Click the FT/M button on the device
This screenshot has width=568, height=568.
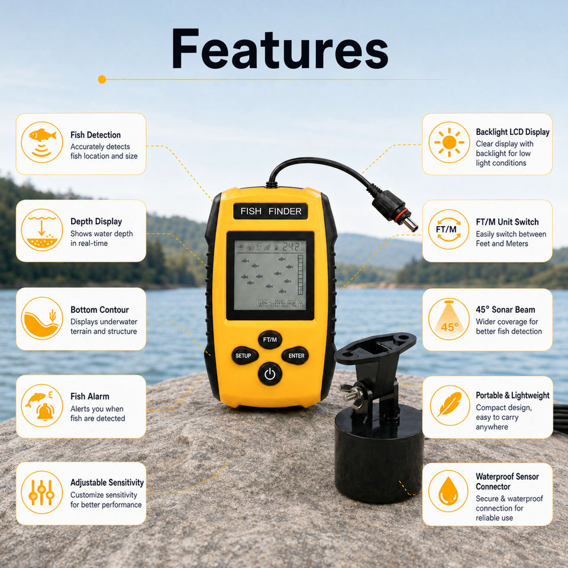click(x=270, y=340)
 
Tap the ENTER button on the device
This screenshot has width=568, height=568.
click(x=296, y=356)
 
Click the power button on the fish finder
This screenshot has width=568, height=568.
click(x=270, y=374)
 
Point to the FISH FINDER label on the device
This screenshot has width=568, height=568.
click(x=270, y=211)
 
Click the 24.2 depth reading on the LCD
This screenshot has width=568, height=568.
click(x=292, y=247)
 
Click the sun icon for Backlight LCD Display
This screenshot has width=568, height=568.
click(x=449, y=143)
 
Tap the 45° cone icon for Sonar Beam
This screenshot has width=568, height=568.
click(x=449, y=319)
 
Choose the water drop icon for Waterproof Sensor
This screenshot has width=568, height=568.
click(x=448, y=491)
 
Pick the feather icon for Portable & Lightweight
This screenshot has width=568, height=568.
click(x=450, y=405)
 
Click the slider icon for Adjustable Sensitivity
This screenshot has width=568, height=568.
click(x=42, y=492)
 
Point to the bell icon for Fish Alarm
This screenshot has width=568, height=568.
click(x=46, y=412)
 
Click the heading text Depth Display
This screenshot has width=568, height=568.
click(x=96, y=221)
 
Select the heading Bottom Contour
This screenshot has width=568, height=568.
click(x=99, y=309)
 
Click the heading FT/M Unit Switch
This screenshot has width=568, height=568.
click(x=507, y=222)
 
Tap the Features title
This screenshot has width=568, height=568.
click(x=280, y=49)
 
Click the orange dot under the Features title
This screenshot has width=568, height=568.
click(x=102, y=79)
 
